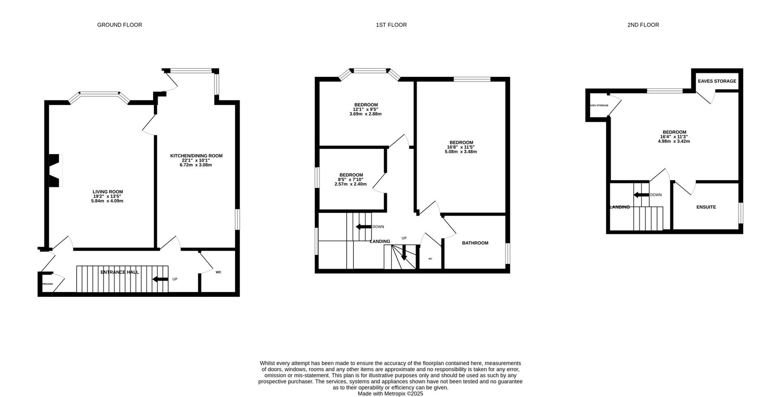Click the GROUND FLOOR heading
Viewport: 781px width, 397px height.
(120, 25)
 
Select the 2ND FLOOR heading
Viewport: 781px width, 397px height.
(643, 25)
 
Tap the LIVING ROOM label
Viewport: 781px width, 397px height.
(107, 192)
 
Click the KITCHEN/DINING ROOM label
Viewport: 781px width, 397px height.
(196, 156)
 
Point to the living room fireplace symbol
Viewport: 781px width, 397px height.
(55, 171)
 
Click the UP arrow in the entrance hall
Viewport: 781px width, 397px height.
(160, 279)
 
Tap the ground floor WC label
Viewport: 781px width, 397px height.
(218, 272)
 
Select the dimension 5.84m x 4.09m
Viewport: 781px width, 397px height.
(107, 201)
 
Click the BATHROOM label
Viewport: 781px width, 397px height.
(475, 243)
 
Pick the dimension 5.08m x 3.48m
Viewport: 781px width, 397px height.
(460, 152)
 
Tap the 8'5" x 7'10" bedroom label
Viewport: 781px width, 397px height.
(351, 180)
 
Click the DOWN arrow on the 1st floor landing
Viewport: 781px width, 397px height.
(363, 227)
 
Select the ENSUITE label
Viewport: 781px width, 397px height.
(706, 207)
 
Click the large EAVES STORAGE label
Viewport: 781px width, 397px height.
(717, 81)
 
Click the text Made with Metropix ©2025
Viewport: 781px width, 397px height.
(390, 393)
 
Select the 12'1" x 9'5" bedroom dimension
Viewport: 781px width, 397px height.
(365, 109)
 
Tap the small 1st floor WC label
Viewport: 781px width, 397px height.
(430, 258)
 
